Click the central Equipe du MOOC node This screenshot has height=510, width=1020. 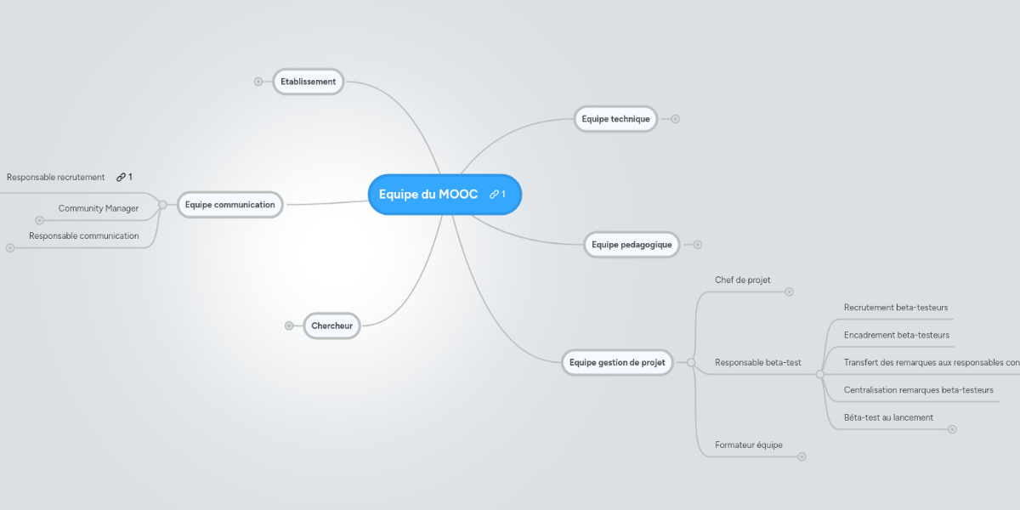pyautogui.click(x=428, y=195)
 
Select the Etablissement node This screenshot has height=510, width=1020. pyautogui.click(x=308, y=82)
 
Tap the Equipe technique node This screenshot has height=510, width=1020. pyautogui.click(x=615, y=119)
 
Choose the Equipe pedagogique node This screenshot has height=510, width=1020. pyautogui.click(x=632, y=245)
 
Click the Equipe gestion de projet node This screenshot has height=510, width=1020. pyautogui.click(x=617, y=362)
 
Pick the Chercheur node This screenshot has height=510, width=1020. pyautogui.click(x=331, y=326)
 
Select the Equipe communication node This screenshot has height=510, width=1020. pyautogui.click(x=229, y=204)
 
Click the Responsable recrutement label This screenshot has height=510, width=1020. pyautogui.click(x=55, y=178)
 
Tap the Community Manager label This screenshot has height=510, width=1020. pyautogui.click(x=98, y=208)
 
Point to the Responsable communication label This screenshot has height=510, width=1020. pyautogui.click(x=83, y=235)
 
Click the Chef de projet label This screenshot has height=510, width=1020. pyautogui.click(x=743, y=280)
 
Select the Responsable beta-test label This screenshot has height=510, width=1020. pyautogui.click(x=758, y=362)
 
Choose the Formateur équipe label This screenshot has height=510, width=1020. pyautogui.click(x=749, y=445)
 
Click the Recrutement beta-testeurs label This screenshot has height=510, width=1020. pyautogui.click(x=896, y=307)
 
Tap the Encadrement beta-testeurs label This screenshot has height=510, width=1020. pyautogui.click(x=897, y=335)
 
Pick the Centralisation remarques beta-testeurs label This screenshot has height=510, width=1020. pyautogui.click(x=919, y=390)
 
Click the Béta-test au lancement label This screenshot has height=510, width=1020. pyautogui.click(x=888, y=417)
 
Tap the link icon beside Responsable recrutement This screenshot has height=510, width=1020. pyautogui.click(x=121, y=177)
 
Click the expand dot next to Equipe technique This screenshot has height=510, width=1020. pyautogui.click(x=675, y=119)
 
